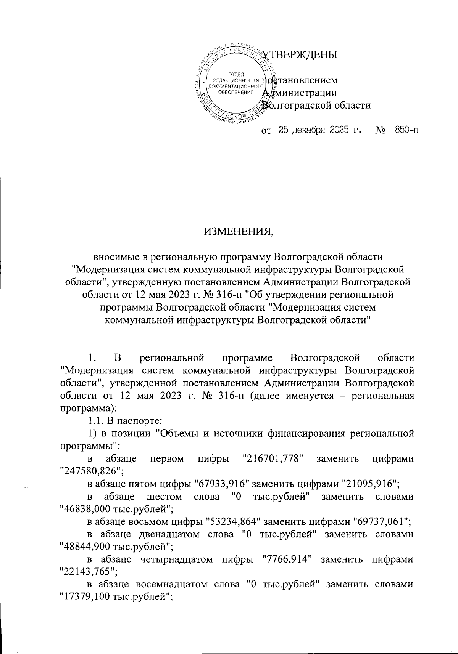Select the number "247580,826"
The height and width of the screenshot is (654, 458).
(x=91, y=471)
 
